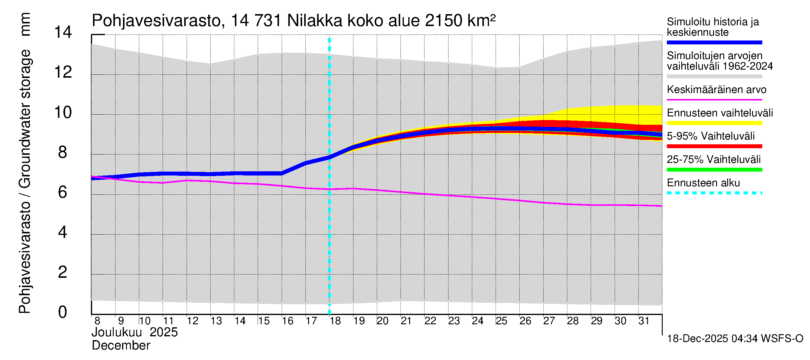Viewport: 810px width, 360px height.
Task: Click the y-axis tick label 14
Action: (63, 32)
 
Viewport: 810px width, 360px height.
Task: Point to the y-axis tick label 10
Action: (63, 112)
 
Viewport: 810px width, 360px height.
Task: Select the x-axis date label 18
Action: (335, 321)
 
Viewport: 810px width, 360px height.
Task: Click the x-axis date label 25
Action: (501, 321)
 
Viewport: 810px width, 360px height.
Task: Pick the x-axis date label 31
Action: (644, 321)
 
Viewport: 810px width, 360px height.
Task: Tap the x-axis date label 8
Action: (97, 321)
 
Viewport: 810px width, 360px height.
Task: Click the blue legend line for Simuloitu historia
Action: (714, 42)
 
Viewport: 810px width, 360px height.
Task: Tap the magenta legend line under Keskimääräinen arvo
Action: (714, 100)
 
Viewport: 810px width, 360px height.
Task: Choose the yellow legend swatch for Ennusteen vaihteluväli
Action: (714, 123)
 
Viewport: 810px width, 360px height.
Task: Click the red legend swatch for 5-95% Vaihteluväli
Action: (714, 146)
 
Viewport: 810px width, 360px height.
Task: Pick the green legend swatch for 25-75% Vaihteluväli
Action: (714, 170)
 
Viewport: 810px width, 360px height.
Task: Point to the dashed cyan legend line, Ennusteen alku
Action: (714, 193)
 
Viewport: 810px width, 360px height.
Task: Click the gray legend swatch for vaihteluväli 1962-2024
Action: (714, 76)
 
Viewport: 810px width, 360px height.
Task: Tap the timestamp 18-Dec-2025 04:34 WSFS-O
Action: (735, 339)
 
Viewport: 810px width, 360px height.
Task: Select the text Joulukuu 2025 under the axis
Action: (135, 332)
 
